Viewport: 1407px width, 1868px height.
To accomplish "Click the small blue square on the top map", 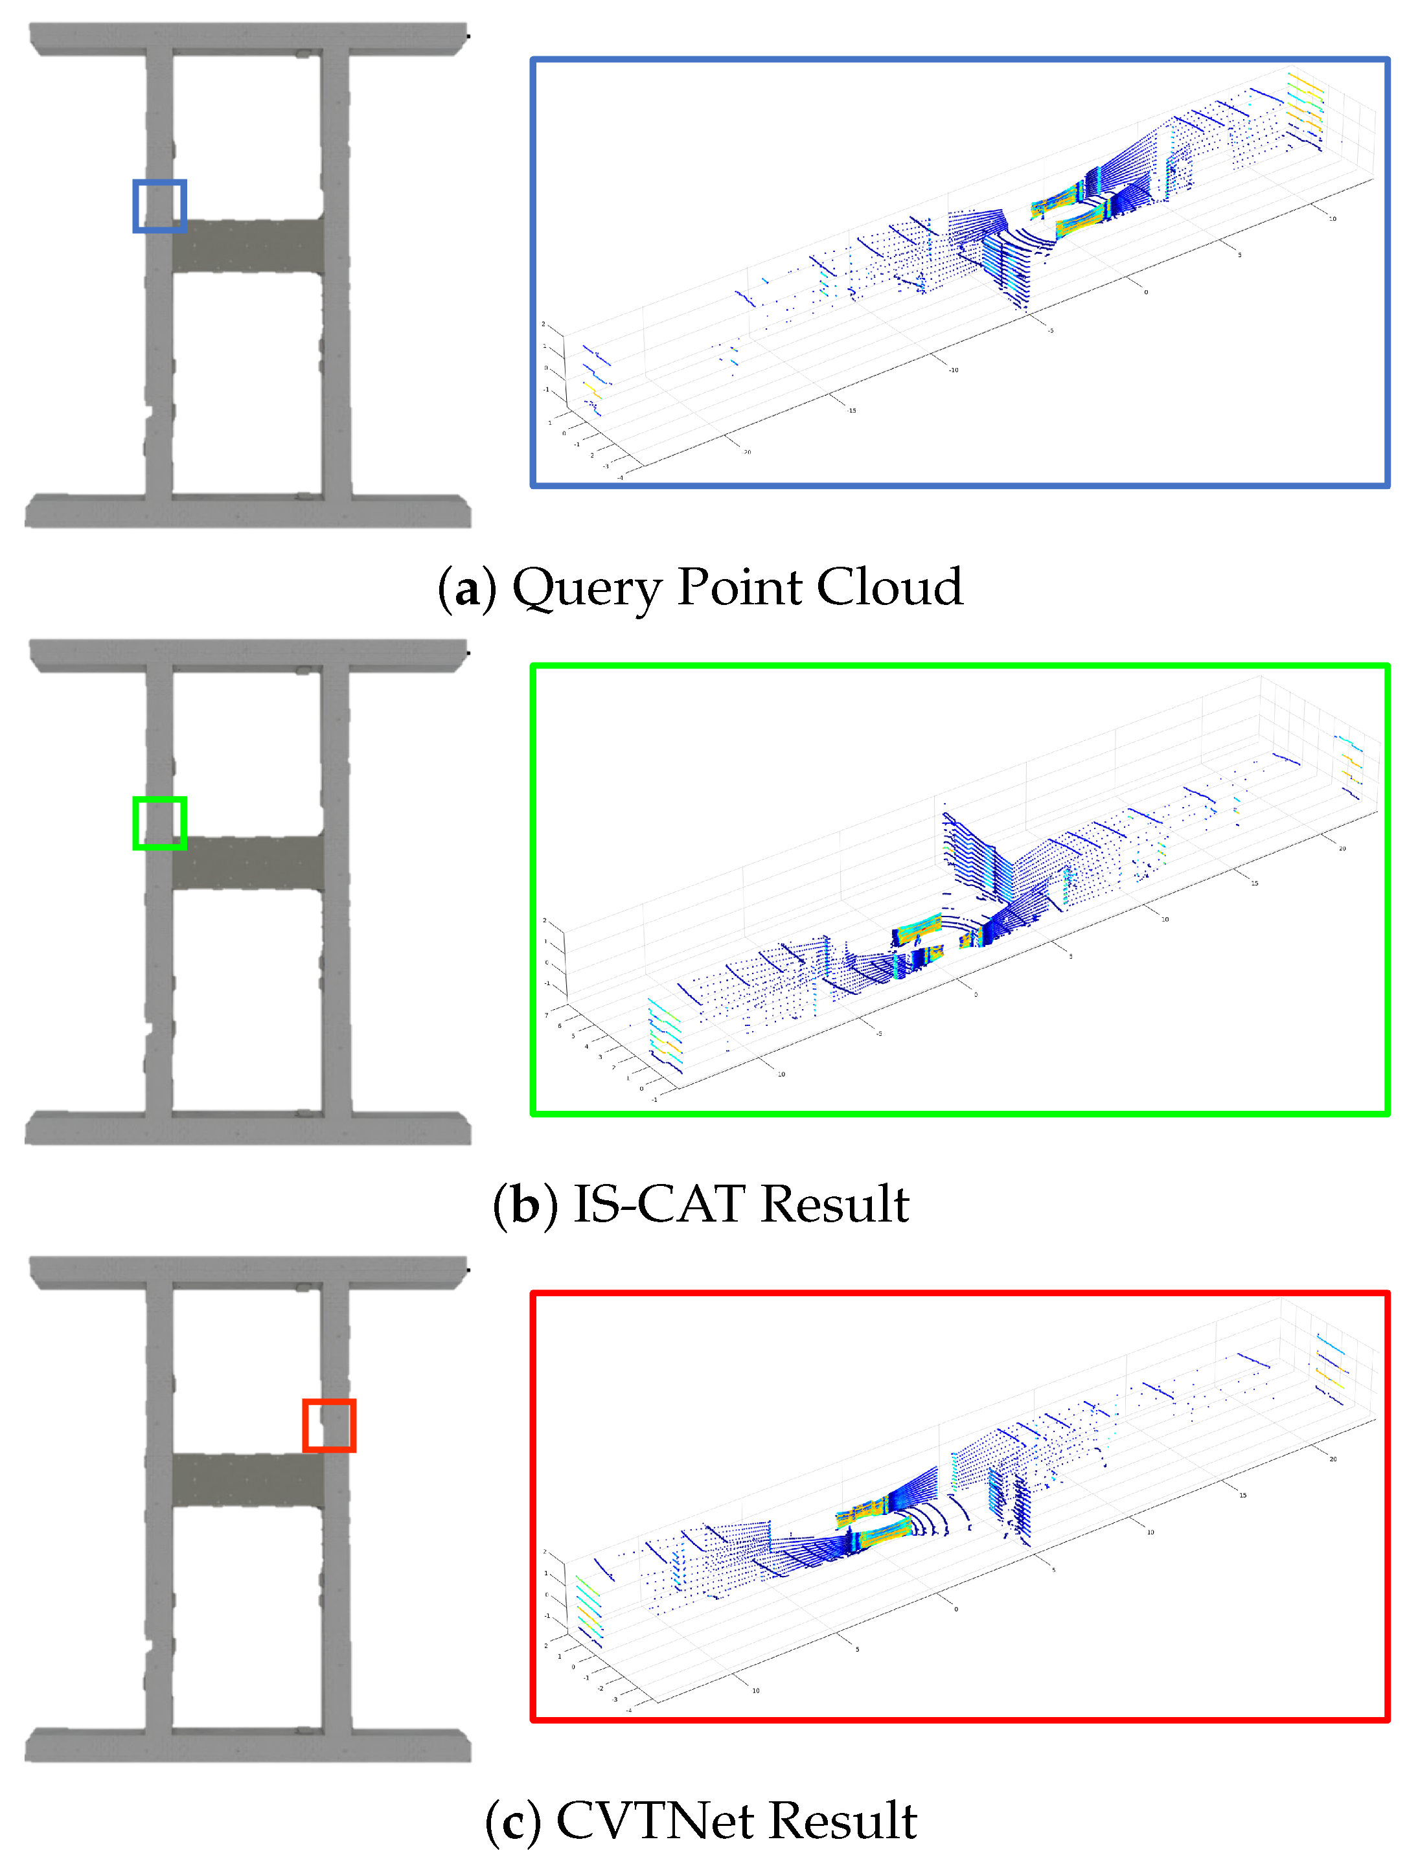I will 159,205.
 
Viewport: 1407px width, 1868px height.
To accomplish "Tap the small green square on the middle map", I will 159,822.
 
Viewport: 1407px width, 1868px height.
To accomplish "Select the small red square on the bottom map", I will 328,1426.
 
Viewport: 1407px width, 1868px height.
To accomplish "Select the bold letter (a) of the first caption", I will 466,589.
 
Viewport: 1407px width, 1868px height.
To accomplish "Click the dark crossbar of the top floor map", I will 247,245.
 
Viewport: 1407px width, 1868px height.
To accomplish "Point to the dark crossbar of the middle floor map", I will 247,862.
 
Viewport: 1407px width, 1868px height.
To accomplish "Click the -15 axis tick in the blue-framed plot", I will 851,411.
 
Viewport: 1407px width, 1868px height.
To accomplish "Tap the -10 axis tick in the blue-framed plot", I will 953,370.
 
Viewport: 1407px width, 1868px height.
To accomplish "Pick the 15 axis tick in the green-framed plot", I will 1254,883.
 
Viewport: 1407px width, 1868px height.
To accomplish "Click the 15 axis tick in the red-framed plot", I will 1242,1495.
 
